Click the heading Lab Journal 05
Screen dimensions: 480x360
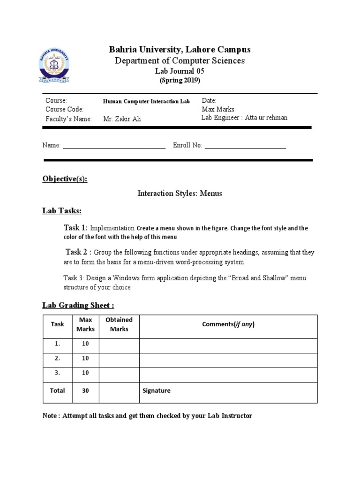click(180, 71)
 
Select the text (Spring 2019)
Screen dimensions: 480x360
click(180, 80)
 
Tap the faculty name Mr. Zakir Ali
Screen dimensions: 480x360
click(122, 119)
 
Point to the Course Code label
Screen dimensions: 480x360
click(64, 109)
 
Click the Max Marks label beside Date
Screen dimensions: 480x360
click(218, 109)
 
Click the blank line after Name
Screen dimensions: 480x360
click(114, 146)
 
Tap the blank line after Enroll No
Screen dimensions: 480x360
click(245, 146)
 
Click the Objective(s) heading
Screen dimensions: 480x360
click(65, 179)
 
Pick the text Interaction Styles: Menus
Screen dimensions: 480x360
click(180, 193)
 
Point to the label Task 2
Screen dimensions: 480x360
click(78, 252)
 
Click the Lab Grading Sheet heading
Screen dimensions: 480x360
click(78, 305)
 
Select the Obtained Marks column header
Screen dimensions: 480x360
click(119, 324)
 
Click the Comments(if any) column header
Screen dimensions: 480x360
click(228, 324)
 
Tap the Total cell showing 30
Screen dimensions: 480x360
click(85, 390)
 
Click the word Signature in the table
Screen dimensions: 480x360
click(157, 390)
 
